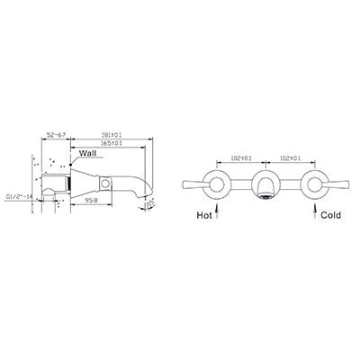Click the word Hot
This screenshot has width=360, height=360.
pos(206,217)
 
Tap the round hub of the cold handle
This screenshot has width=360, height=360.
pos(314,185)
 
